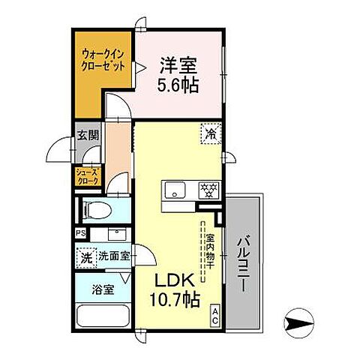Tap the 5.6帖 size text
pyautogui.click(x=178, y=85)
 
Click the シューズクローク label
pyautogui.click(x=86, y=177)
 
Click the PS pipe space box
pyautogui.click(x=79, y=232)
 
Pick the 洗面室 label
pyautogui.click(x=113, y=255)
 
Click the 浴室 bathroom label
pyautogui.click(x=102, y=288)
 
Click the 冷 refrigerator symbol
pyautogui.click(x=211, y=135)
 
